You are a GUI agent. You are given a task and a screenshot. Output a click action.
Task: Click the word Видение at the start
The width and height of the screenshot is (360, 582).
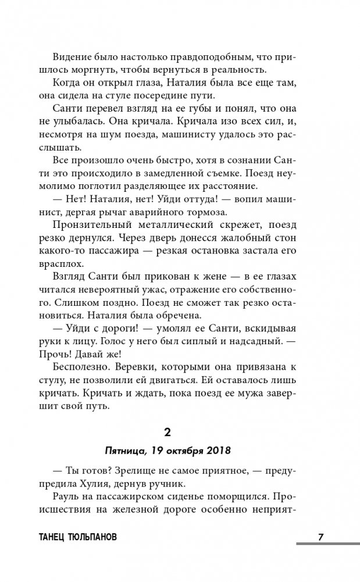tap(72, 57)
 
